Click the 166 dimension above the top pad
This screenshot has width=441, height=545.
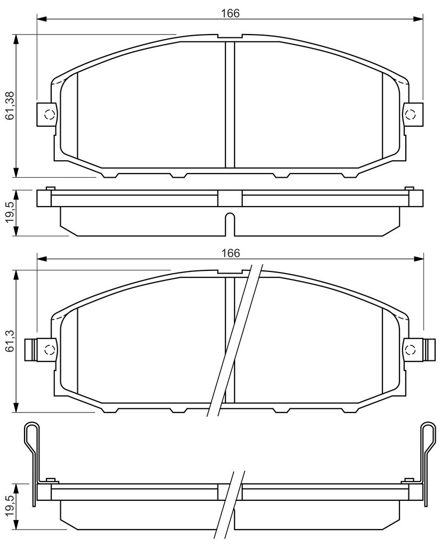[x=230, y=13]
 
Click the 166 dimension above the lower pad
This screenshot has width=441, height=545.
[x=230, y=253]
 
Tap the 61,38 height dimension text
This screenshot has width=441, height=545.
[x=10, y=105]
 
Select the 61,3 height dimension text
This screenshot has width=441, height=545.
[x=10, y=341]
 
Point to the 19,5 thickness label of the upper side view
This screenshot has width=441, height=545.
[x=10, y=213]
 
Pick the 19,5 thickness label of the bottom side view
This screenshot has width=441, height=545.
[x=10, y=507]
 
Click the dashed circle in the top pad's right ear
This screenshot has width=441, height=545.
[x=411, y=114]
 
